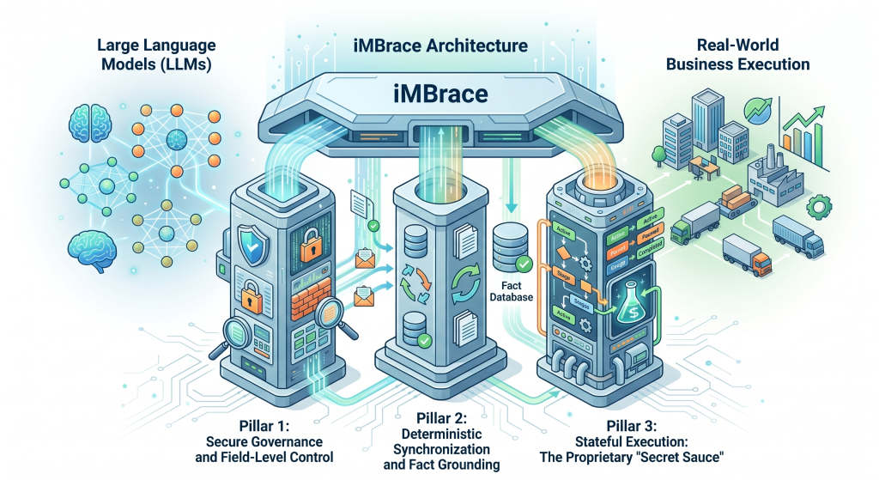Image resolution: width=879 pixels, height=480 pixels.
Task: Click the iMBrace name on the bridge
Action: [439, 93]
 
